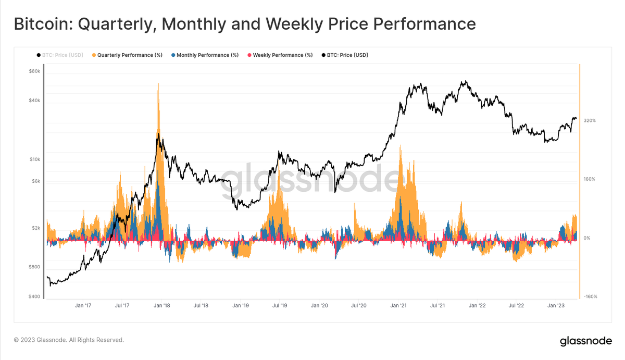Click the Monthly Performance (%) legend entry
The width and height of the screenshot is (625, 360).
(x=205, y=55)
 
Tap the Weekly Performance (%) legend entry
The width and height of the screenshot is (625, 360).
(x=280, y=55)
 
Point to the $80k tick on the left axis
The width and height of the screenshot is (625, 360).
(x=34, y=71)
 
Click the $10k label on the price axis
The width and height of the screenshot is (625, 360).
(x=34, y=159)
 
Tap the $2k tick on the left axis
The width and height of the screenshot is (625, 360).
(x=34, y=228)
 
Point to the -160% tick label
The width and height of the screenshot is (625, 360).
(x=590, y=296)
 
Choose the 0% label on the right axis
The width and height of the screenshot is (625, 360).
(x=587, y=238)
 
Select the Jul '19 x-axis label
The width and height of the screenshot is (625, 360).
(x=280, y=306)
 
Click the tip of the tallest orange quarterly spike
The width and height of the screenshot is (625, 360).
(x=158, y=83)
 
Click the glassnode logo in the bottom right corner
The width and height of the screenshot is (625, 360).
(x=585, y=342)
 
